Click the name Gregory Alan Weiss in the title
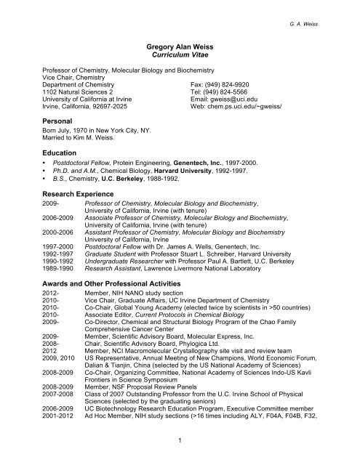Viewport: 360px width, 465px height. [180, 44]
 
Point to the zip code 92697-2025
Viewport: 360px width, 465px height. [116, 110]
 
